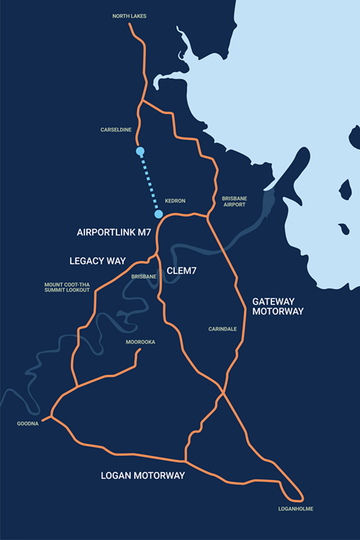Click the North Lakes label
pyautogui.click(x=129, y=16)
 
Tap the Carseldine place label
pyautogui.click(x=117, y=130)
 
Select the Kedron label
pyautogui.click(x=175, y=201)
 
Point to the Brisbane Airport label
pyautogui.click(x=234, y=202)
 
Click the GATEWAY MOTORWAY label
pyautogui.click(x=277, y=306)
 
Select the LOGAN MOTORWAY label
pyautogui.click(x=143, y=476)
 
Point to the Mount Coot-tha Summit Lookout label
pyautogui.click(x=67, y=287)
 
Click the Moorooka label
pyautogui.click(x=140, y=342)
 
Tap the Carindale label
pyautogui.click(x=223, y=329)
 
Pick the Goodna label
pyautogui.click(x=28, y=424)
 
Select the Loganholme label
pyautogui.click(x=297, y=509)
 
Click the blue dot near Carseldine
pyautogui.click(x=140, y=151)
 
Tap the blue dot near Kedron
pyautogui.click(x=158, y=214)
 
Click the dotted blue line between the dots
pyautogui.click(x=149, y=182)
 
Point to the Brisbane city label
pyautogui.click(x=144, y=277)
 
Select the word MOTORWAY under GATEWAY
pyautogui.click(x=277, y=312)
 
